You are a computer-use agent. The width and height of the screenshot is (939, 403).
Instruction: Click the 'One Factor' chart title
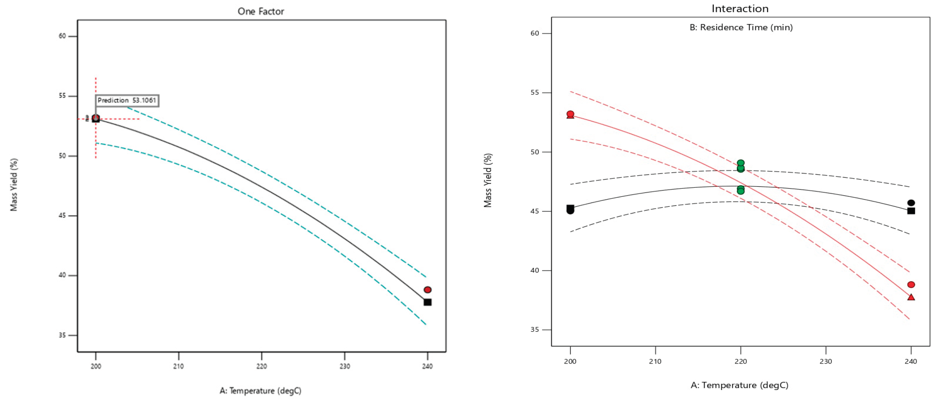[261, 11]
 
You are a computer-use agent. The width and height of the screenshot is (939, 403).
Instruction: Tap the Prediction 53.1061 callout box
[127, 100]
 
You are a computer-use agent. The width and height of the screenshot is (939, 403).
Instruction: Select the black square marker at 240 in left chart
[427, 302]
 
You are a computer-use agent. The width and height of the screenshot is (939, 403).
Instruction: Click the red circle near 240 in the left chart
[427, 290]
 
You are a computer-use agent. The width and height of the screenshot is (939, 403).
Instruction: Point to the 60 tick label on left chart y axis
[62, 36]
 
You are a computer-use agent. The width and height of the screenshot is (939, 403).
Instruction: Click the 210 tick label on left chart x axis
[178, 366]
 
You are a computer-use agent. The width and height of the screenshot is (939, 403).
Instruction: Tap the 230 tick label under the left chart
[345, 366]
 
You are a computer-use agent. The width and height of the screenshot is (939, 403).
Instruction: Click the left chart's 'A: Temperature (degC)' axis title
[260, 391]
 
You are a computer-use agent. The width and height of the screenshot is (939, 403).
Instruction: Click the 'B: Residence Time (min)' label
[741, 27]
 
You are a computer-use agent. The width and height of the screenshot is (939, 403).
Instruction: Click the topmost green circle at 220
[740, 163]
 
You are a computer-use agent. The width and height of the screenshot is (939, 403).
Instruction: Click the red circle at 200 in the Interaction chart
[570, 114]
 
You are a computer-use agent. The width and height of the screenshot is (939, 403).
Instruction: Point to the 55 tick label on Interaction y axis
[534, 93]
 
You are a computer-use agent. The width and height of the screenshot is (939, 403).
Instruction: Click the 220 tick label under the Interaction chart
[740, 362]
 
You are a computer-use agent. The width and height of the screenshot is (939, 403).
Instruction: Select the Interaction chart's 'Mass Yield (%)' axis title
[488, 180]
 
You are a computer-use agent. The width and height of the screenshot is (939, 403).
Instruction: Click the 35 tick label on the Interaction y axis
[534, 329]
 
